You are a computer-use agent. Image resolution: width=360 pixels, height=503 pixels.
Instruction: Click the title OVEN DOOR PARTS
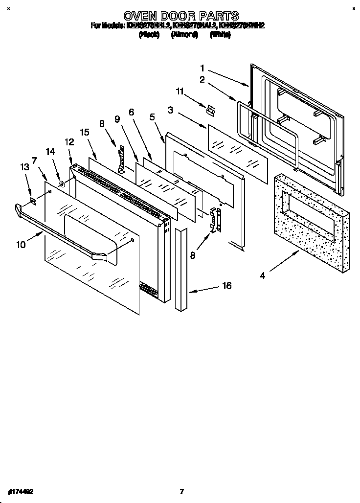pos(181,16)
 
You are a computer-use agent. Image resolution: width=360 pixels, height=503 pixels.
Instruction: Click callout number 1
pos(202,69)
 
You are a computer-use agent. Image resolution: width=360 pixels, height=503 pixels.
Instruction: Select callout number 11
pos(180,91)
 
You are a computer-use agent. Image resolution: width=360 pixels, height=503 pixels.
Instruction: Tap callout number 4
pos(263,276)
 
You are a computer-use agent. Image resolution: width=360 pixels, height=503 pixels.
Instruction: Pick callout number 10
pos(21,245)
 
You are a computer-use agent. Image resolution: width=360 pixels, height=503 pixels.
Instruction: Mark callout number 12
pos(69,142)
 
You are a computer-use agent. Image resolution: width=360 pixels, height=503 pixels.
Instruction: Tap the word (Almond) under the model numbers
pos(184,35)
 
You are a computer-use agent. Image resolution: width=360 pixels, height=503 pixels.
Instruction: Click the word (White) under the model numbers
pos(220,35)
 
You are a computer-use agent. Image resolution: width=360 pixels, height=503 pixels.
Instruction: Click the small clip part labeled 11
pos(210,111)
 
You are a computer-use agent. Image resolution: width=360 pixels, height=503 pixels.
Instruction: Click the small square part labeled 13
pos(33,200)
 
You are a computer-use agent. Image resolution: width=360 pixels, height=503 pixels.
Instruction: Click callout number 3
pos(170,111)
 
